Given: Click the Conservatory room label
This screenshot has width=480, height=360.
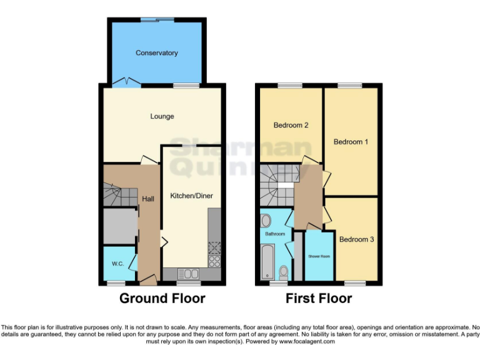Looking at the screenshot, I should (157, 53).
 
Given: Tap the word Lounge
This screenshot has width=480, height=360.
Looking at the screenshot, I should (162, 116).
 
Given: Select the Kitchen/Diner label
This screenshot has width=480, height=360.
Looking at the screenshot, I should (191, 196).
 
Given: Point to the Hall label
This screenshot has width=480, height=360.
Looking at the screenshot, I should (148, 199).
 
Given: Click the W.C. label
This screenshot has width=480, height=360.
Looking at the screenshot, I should (117, 263).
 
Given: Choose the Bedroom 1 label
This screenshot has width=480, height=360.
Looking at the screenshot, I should (351, 142).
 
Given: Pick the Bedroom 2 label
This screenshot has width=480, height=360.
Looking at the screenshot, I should (291, 125).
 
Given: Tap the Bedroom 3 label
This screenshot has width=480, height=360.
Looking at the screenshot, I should (356, 239).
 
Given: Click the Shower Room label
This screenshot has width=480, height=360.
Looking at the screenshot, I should (319, 256).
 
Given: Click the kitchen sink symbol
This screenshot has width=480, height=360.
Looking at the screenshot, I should (188, 273).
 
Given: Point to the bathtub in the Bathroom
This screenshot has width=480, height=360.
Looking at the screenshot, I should (268, 262).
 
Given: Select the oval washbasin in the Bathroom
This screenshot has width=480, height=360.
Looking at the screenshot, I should (266, 220).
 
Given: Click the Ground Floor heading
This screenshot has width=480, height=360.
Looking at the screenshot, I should (162, 298).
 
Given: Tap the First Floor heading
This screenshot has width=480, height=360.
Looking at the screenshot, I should (319, 298).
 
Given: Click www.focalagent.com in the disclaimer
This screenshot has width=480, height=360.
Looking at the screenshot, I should (306, 342).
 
